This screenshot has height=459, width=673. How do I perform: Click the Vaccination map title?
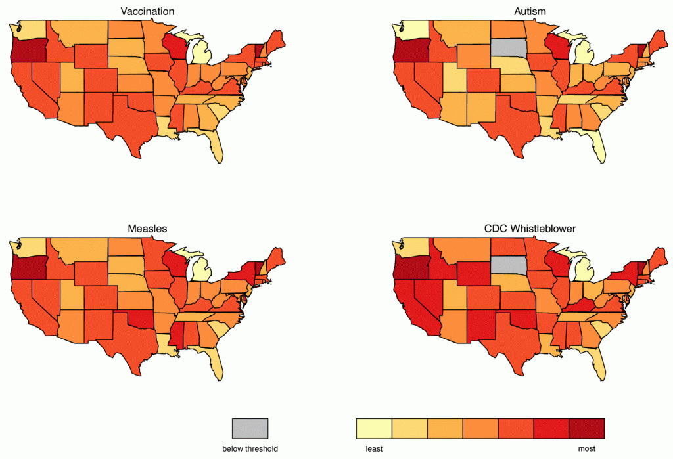pos(147,12)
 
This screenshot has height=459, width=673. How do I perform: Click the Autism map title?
pos(530,12)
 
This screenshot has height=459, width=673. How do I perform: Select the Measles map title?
pos(147,229)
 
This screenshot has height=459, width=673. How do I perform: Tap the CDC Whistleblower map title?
pos(530,229)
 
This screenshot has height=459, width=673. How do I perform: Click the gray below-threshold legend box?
pos(250,429)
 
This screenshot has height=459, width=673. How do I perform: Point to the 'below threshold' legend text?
pos(250,448)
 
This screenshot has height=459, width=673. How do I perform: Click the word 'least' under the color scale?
pos(374,448)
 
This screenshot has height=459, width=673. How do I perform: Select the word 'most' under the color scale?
pos(587,448)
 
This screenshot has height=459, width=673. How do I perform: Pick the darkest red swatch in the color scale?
pos(587,429)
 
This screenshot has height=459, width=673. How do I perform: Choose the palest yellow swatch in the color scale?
pos(374,429)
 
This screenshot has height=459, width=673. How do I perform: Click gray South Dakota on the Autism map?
pos(509,48)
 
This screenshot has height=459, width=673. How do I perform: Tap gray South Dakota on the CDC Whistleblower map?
pos(509,265)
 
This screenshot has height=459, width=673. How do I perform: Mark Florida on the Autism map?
pos(597,144)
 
